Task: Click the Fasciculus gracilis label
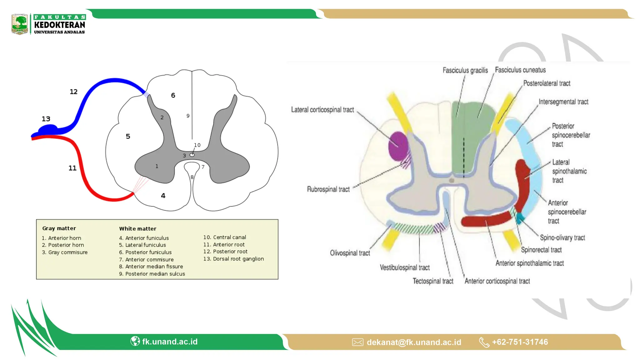465,70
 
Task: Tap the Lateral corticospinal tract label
322,110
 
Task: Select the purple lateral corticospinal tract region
398,146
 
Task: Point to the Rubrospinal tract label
328,189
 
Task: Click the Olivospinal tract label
350,253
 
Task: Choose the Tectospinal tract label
433,281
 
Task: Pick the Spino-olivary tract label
562,237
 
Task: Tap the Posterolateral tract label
547,83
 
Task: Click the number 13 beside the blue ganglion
46,119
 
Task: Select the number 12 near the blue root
73,92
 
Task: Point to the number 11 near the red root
72,168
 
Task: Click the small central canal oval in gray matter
192,155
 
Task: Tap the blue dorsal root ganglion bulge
48,129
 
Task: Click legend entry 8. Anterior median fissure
151,267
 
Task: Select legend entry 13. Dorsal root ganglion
233,259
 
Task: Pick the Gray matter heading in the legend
59,228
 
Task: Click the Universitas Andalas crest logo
20,24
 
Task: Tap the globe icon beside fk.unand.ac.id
135,341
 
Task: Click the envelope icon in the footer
357,342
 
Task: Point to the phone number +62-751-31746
520,342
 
